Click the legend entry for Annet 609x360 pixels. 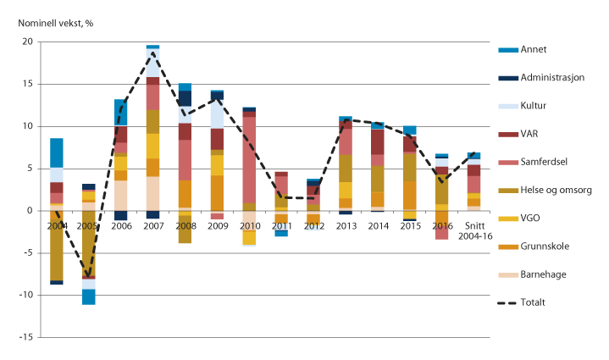[527, 48]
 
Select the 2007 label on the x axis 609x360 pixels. [152, 227]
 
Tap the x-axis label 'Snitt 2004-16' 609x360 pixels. [479, 232]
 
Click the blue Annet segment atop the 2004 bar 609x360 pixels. [57, 152]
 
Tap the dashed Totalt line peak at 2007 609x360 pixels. [153, 53]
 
